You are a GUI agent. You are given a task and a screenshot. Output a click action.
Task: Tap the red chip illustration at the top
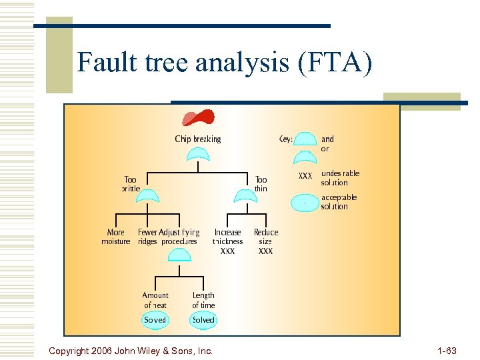point(199,118)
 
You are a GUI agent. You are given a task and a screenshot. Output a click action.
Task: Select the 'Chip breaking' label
point(198,139)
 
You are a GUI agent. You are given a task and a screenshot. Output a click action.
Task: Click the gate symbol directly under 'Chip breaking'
point(198,155)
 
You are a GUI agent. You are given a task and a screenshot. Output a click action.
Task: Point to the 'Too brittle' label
point(131,184)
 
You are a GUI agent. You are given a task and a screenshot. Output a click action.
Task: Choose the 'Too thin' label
point(261,184)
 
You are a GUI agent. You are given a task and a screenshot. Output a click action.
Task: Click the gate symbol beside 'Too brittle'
point(148,195)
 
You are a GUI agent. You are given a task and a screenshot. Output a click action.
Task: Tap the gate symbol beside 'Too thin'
point(243,195)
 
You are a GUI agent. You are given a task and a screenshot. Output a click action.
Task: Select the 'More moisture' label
point(116,237)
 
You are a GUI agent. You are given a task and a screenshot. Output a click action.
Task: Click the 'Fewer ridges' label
point(147,237)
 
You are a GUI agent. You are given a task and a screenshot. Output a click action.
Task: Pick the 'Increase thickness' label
point(228,237)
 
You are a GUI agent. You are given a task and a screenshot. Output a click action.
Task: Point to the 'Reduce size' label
point(266,237)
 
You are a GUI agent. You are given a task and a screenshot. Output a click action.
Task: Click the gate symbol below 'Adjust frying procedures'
point(179,255)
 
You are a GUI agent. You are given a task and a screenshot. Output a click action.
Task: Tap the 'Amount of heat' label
point(155,300)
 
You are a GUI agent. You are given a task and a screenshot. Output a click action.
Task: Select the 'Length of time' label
point(203,300)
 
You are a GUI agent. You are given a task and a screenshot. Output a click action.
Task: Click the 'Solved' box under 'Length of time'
point(203,320)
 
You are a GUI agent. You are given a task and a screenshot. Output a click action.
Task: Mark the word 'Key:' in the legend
point(286,139)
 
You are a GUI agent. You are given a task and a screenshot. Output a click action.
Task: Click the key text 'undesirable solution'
point(340,178)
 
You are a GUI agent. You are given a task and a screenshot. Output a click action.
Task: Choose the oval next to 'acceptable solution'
point(305,202)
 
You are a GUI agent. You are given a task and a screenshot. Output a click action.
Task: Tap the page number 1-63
point(447,350)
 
